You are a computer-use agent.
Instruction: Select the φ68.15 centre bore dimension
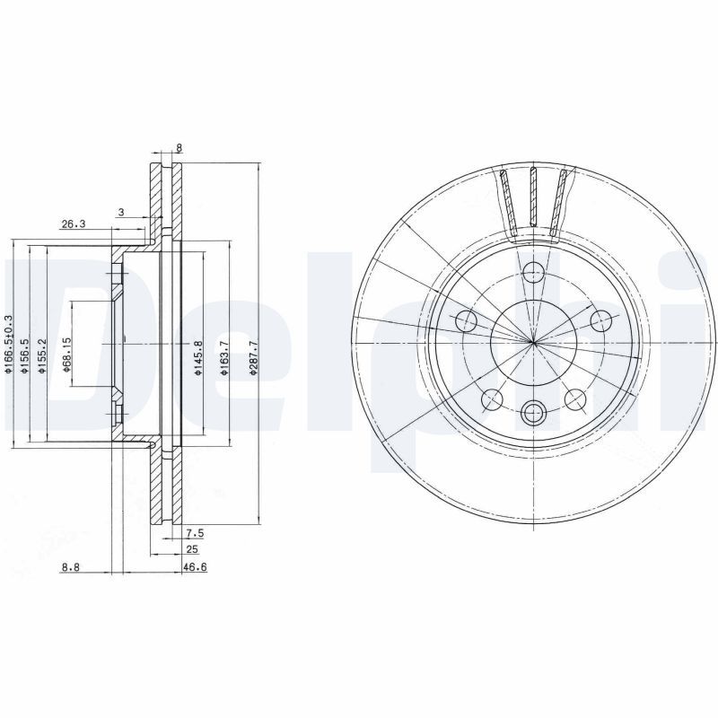click(66, 352)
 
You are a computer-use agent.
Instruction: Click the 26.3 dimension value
click(73, 224)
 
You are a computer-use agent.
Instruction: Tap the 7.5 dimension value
click(195, 532)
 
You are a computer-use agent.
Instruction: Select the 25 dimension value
click(191, 549)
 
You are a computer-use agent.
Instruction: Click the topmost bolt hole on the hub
click(534, 270)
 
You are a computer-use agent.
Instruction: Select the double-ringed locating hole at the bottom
click(534, 413)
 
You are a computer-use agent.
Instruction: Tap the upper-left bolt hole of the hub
click(466, 320)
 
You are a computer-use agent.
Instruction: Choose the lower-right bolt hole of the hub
click(575, 398)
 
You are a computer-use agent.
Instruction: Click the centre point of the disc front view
click(534, 342)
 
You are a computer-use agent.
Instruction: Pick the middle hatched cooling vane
click(534, 202)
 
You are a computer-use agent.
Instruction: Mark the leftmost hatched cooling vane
click(508, 205)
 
